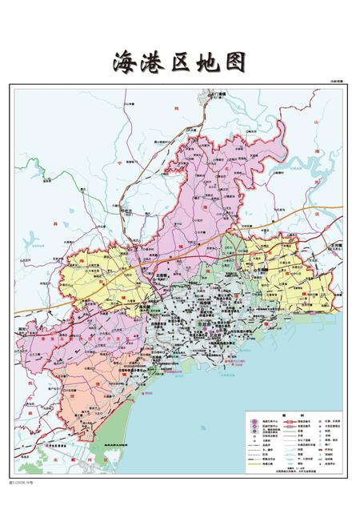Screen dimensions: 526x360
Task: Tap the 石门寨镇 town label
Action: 218,94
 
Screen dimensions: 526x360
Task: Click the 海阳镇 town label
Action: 146,306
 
